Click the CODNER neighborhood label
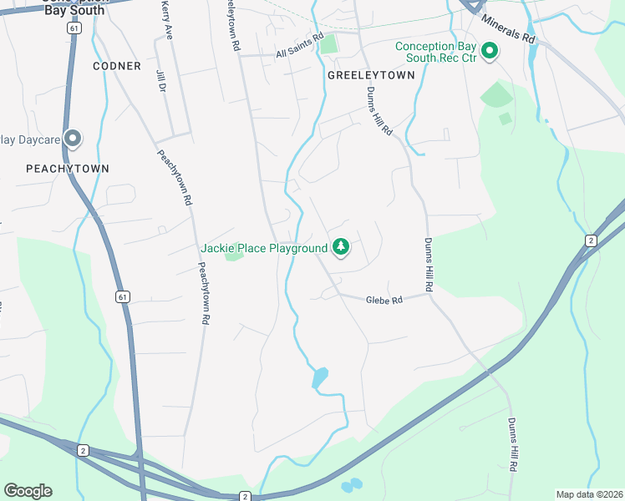(x=117, y=65)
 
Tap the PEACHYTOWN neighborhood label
(x=68, y=168)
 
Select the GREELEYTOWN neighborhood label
(x=371, y=74)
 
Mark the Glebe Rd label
(x=384, y=300)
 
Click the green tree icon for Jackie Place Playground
(x=340, y=247)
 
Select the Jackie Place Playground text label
(x=264, y=248)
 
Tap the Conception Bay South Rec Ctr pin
(x=490, y=52)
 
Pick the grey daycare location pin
(x=73, y=139)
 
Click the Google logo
(x=28, y=491)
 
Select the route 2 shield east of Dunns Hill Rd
(x=592, y=240)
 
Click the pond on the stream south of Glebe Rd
(x=319, y=378)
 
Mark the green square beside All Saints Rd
(x=328, y=43)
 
